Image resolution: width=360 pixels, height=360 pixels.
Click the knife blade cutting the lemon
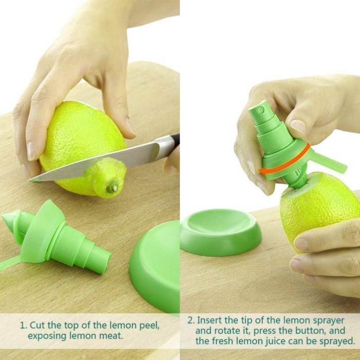click(97, 161)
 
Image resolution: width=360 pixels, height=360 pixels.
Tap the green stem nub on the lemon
click(113, 187)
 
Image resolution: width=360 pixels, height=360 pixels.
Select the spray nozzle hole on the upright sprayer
click(261, 110)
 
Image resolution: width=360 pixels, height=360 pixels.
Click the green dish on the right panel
click(221, 232)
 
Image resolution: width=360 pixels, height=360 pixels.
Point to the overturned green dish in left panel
click(154, 266)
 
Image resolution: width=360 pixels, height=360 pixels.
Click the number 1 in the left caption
click(23, 326)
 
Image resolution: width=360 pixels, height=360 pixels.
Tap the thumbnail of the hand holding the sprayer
click(298, 126)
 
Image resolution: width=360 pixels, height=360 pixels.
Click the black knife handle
click(175, 139)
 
